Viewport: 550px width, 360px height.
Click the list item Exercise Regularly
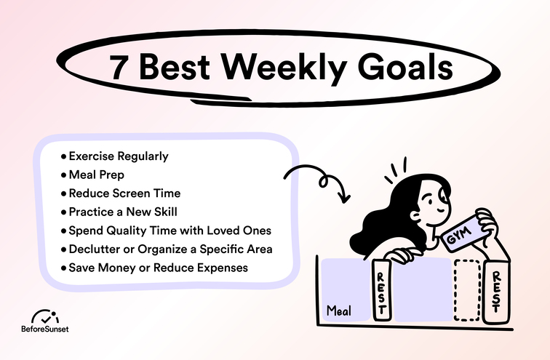(x=118, y=156)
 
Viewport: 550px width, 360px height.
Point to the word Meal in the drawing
(x=338, y=311)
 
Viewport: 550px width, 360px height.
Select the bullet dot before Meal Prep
(x=64, y=175)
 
